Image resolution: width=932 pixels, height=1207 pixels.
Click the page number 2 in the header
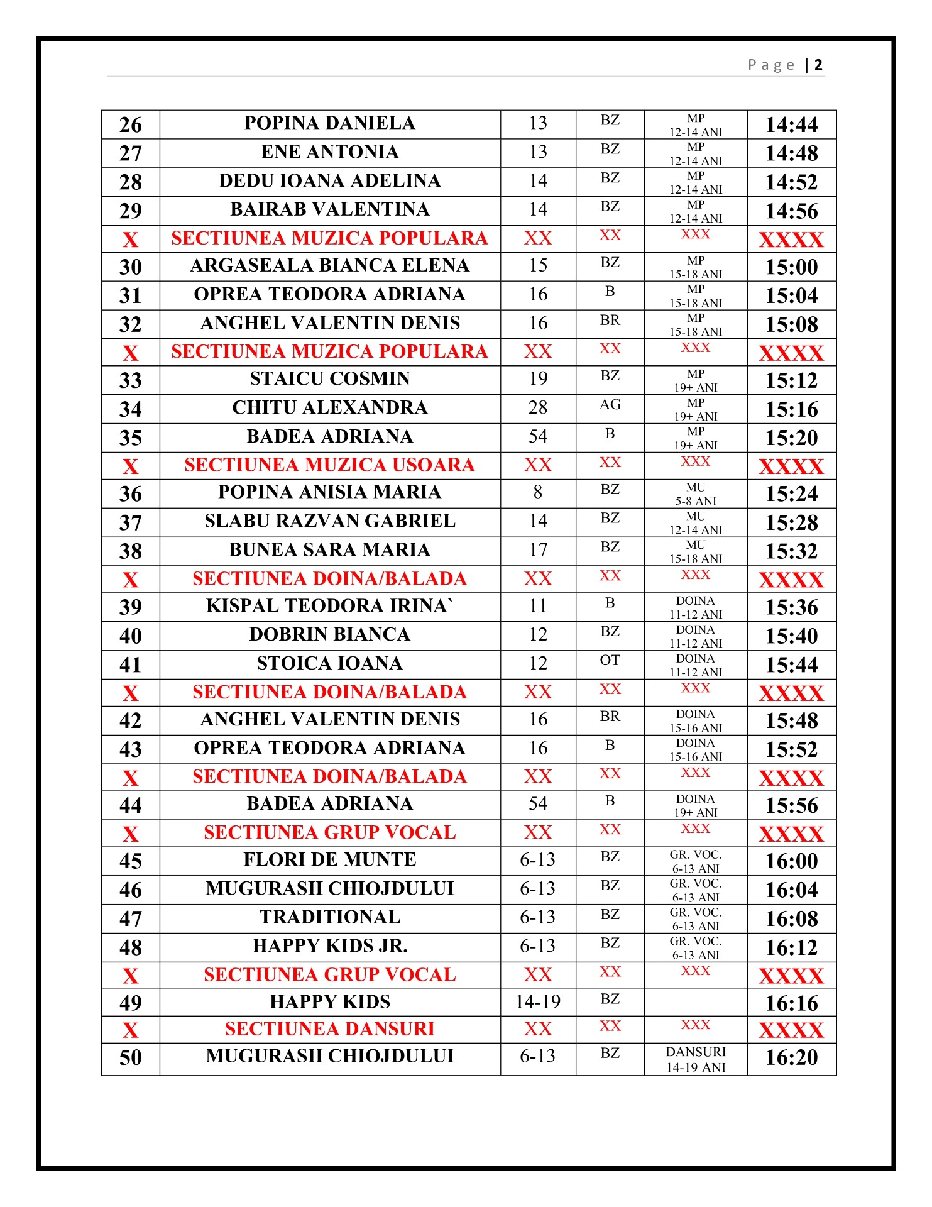(818, 65)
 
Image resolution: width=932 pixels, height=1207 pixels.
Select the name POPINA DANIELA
(329, 123)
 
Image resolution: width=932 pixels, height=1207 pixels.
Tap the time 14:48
(791, 153)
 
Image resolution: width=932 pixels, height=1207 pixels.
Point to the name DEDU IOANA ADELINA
(329, 181)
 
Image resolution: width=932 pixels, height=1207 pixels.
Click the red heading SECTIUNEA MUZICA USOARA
(329, 465)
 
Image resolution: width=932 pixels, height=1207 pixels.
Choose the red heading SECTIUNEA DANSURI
(329, 1029)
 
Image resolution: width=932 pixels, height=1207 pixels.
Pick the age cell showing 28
(538, 408)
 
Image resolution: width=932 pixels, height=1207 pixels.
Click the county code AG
(610, 405)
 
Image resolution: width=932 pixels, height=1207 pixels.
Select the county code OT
(610, 661)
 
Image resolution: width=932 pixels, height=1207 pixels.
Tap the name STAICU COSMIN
(329, 379)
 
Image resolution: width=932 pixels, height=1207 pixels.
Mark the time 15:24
(791, 494)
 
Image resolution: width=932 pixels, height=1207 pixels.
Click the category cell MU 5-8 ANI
(696, 494)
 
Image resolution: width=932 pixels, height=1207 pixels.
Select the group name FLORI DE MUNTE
(329, 860)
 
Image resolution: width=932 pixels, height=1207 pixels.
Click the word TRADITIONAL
(329, 918)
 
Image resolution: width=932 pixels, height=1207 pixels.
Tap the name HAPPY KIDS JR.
(329, 947)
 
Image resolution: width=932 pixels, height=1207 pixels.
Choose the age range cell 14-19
(538, 1002)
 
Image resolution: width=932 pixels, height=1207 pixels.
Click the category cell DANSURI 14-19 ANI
(696, 1060)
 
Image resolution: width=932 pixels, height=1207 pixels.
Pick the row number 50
(131, 1058)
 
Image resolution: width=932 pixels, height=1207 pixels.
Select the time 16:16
(791, 1003)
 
